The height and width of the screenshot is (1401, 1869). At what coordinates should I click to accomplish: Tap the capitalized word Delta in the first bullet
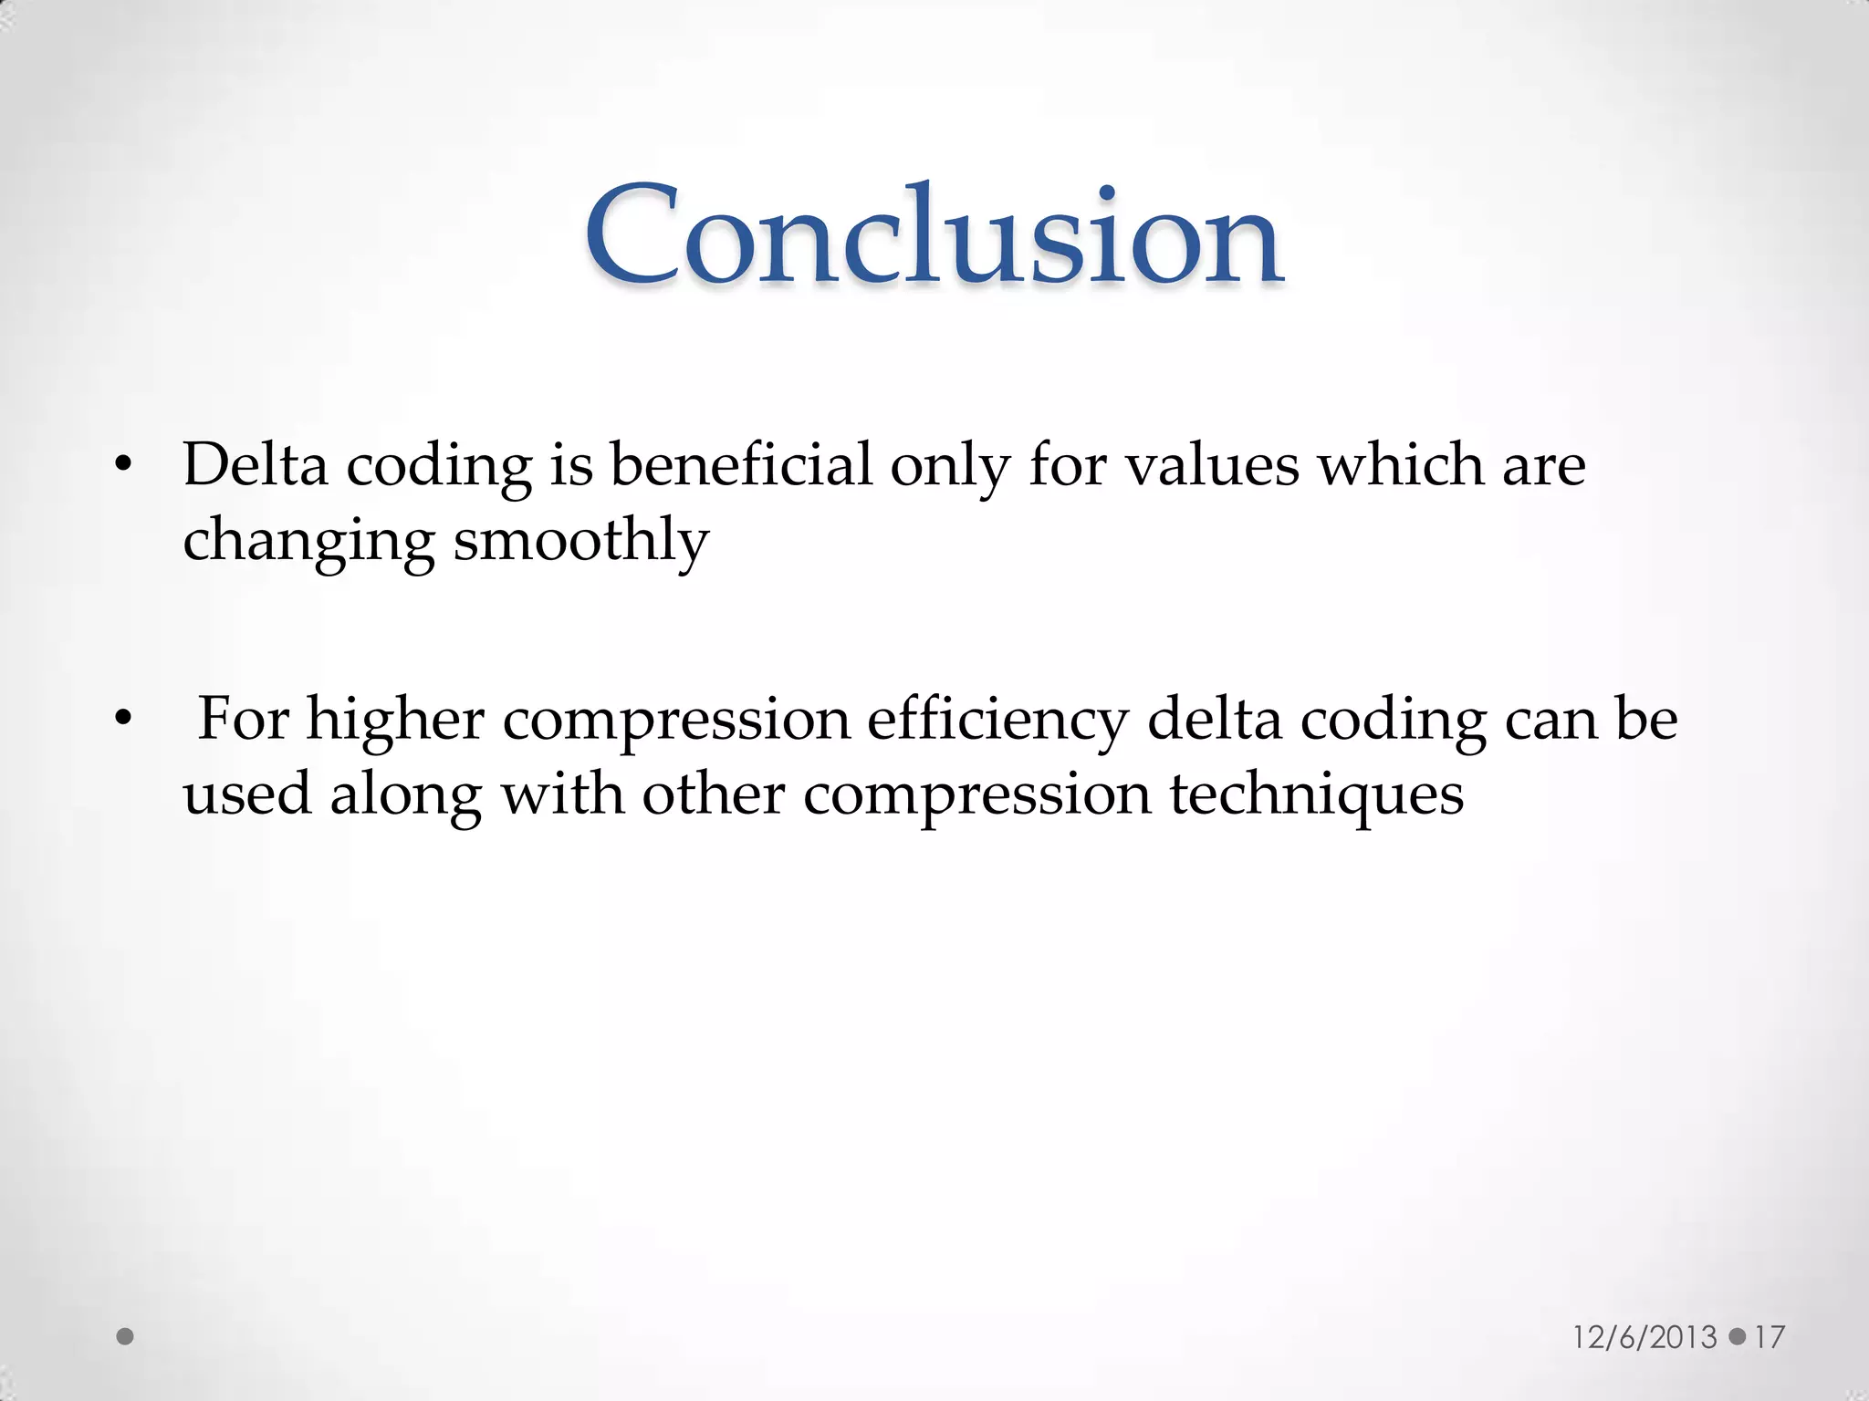[x=255, y=464]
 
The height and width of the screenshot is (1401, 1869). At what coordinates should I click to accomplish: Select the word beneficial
[x=741, y=464]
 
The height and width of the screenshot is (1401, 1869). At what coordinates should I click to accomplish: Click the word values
[x=1211, y=464]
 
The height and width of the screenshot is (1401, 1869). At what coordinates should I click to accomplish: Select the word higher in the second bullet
[x=394, y=720]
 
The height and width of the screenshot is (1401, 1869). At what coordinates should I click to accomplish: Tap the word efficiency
[x=997, y=720]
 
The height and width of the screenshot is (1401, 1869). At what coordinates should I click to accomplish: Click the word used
[x=247, y=794]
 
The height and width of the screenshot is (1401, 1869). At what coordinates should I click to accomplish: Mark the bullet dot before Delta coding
[x=124, y=468]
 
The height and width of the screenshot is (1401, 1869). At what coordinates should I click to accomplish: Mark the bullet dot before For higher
[x=124, y=721]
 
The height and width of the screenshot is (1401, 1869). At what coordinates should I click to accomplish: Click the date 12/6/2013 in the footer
[x=1645, y=1337]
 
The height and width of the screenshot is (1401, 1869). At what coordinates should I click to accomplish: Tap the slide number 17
[x=1769, y=1337]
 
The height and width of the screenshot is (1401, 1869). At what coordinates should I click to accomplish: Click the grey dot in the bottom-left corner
[x=126, y=1337]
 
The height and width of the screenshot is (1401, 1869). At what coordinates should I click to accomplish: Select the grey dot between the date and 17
[x=1738, y=1337]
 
